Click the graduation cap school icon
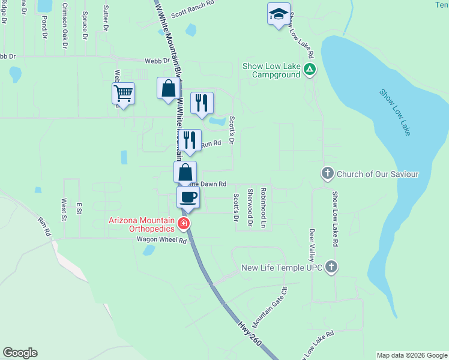279,14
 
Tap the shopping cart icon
123,94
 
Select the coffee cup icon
188,197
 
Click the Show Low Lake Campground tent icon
309,70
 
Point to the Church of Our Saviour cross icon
328,174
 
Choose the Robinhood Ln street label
263,208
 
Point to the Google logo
20,353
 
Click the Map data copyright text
412,355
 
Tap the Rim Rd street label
45,227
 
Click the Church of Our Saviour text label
378,174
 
